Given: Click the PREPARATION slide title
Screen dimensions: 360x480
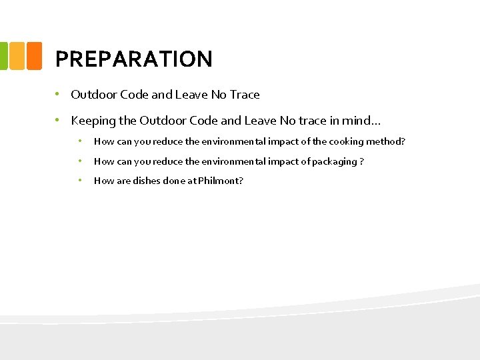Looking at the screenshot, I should click(x=133, y=59).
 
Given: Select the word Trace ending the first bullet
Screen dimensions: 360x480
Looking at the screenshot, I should click(x=245, y=95).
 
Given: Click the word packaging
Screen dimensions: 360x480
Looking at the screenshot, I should click(x=335, y=161).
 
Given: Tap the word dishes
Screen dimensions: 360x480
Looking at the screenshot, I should click(x=147, y=181).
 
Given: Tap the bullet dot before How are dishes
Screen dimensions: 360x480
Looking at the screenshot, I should click(x=79, y=180).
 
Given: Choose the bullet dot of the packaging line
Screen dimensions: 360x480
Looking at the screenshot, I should click(x=79, y=161).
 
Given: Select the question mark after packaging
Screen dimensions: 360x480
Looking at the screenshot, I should click(x=362, y=161).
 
